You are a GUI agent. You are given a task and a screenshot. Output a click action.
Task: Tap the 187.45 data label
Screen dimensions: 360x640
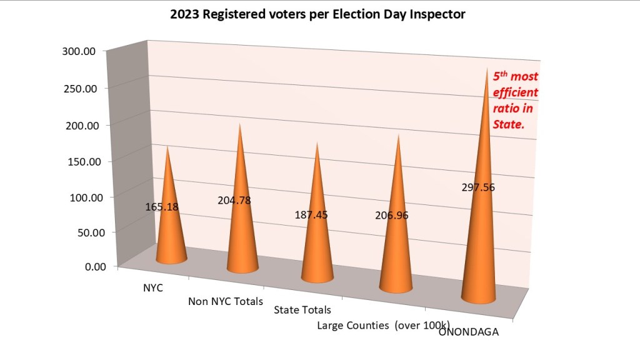(311, 215)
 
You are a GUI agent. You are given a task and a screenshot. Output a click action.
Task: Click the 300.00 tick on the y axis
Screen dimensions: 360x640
(79, 51)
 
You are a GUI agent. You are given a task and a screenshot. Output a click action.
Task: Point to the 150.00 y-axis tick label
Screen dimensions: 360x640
(79, 161)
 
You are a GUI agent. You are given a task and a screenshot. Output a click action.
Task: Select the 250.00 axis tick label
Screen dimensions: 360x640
(79, 88)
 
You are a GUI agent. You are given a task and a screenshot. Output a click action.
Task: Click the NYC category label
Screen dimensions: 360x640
(154, 289)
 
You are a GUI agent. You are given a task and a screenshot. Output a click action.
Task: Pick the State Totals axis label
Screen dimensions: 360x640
(302, 310)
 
